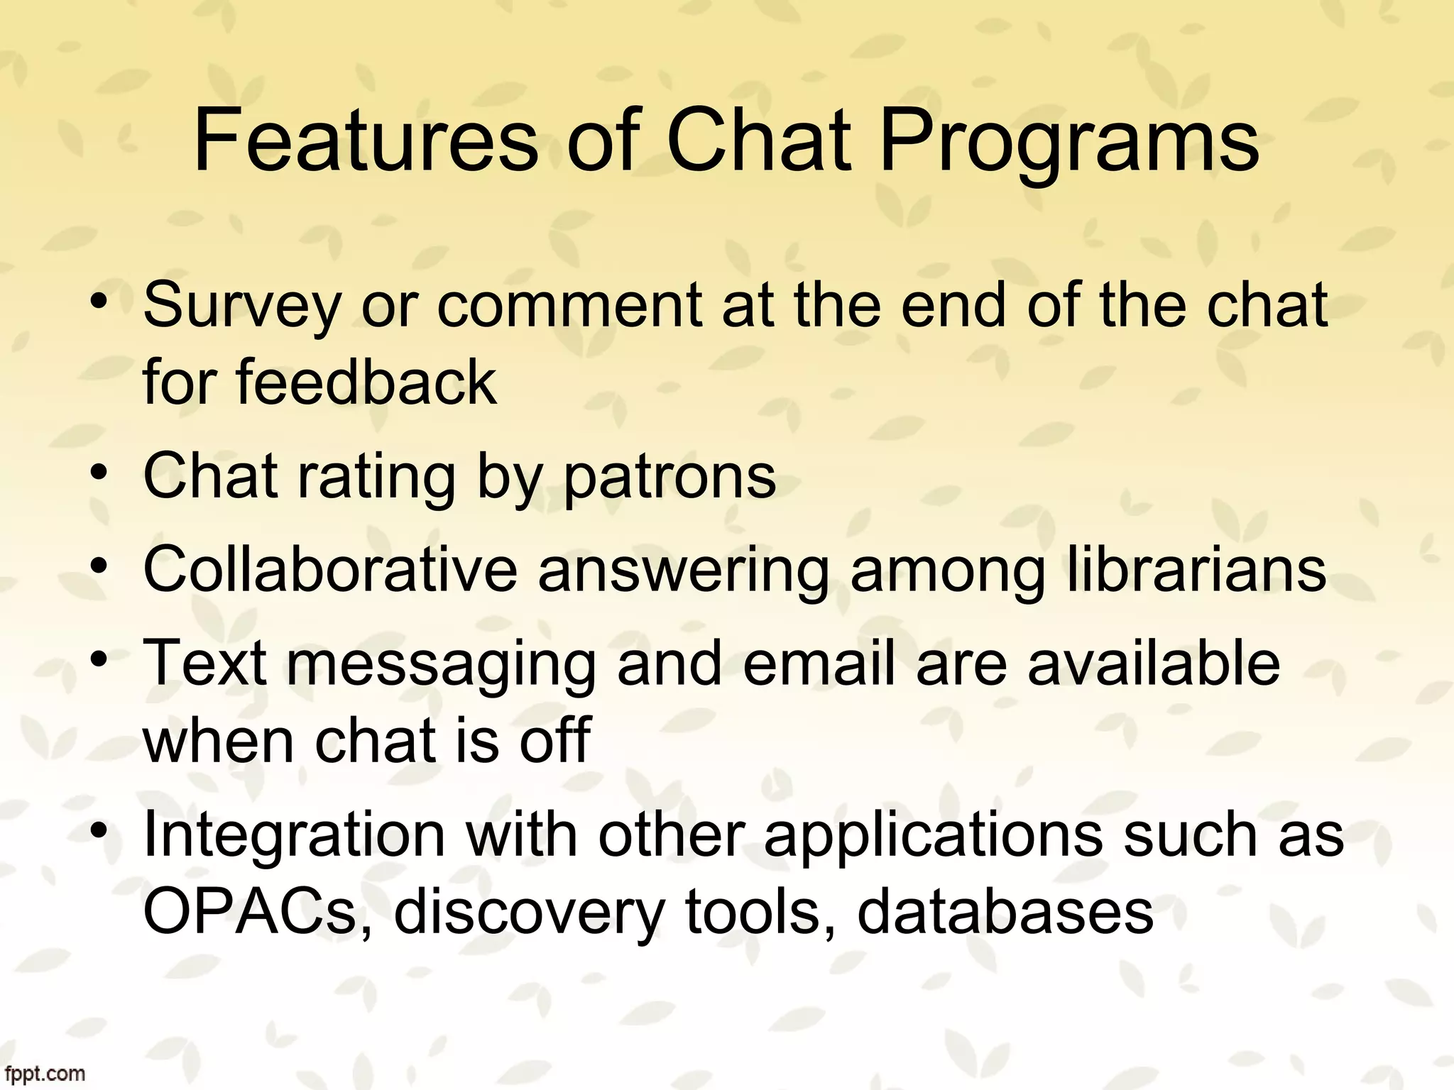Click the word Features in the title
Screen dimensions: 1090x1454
(x=366, y=142)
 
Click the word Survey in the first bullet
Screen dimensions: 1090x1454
(x=242, y=307)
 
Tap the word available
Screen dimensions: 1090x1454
(x=1154, y=662)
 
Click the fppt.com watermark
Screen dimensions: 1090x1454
(x=43, y=1074)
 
